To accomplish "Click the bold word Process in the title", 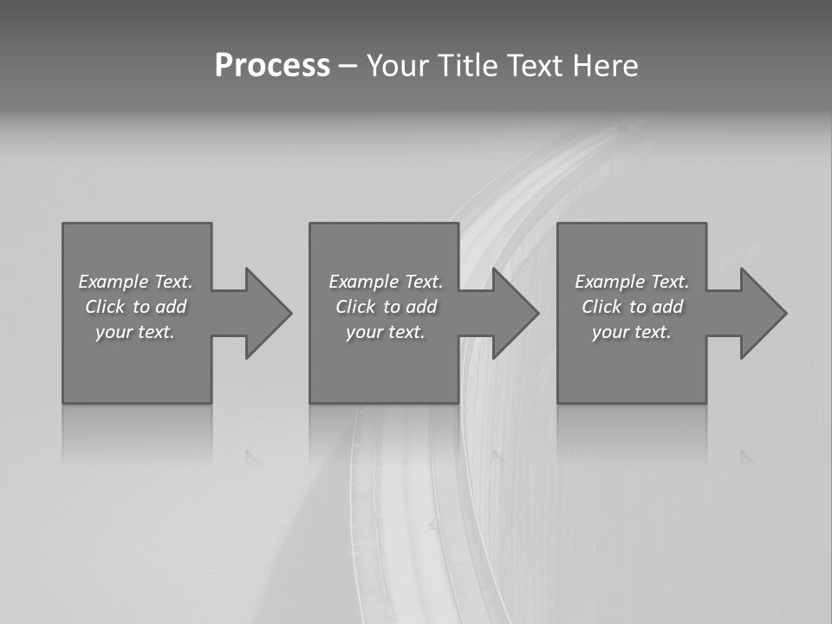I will click(x=272, y=66).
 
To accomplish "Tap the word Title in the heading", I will click(x=468, y=66).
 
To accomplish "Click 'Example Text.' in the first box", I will click(x=135, y=282).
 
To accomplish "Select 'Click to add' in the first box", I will click(x=135, y=307).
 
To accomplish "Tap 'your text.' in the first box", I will click(x=135, y=332).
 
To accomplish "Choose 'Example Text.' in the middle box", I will click(x=386, y=282).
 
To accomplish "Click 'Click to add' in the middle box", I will click(x=386, y=307).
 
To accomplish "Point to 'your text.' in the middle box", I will click(x=386, y=332).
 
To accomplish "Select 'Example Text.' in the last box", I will click(x=632, y=282).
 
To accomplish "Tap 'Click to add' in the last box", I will click(x=632, y=307).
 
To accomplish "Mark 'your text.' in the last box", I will click(x=632, y=332).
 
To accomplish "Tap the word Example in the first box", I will click(x=113, y=282).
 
